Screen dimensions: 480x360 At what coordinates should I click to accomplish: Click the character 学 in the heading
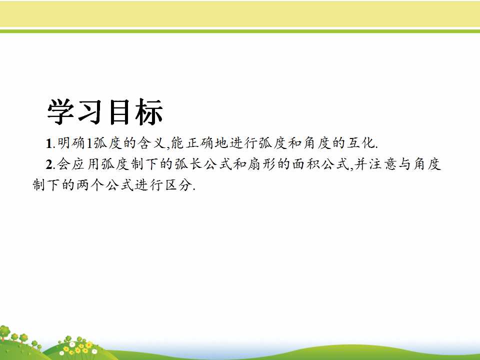pos(61,111)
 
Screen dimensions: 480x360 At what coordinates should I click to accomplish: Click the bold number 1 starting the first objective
pos(48,143)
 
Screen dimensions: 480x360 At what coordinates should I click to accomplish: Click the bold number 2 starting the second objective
pos(49,164)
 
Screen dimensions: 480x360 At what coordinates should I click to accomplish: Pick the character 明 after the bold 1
pos(63,143)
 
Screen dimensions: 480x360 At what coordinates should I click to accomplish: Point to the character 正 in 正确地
pos(192,143)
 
